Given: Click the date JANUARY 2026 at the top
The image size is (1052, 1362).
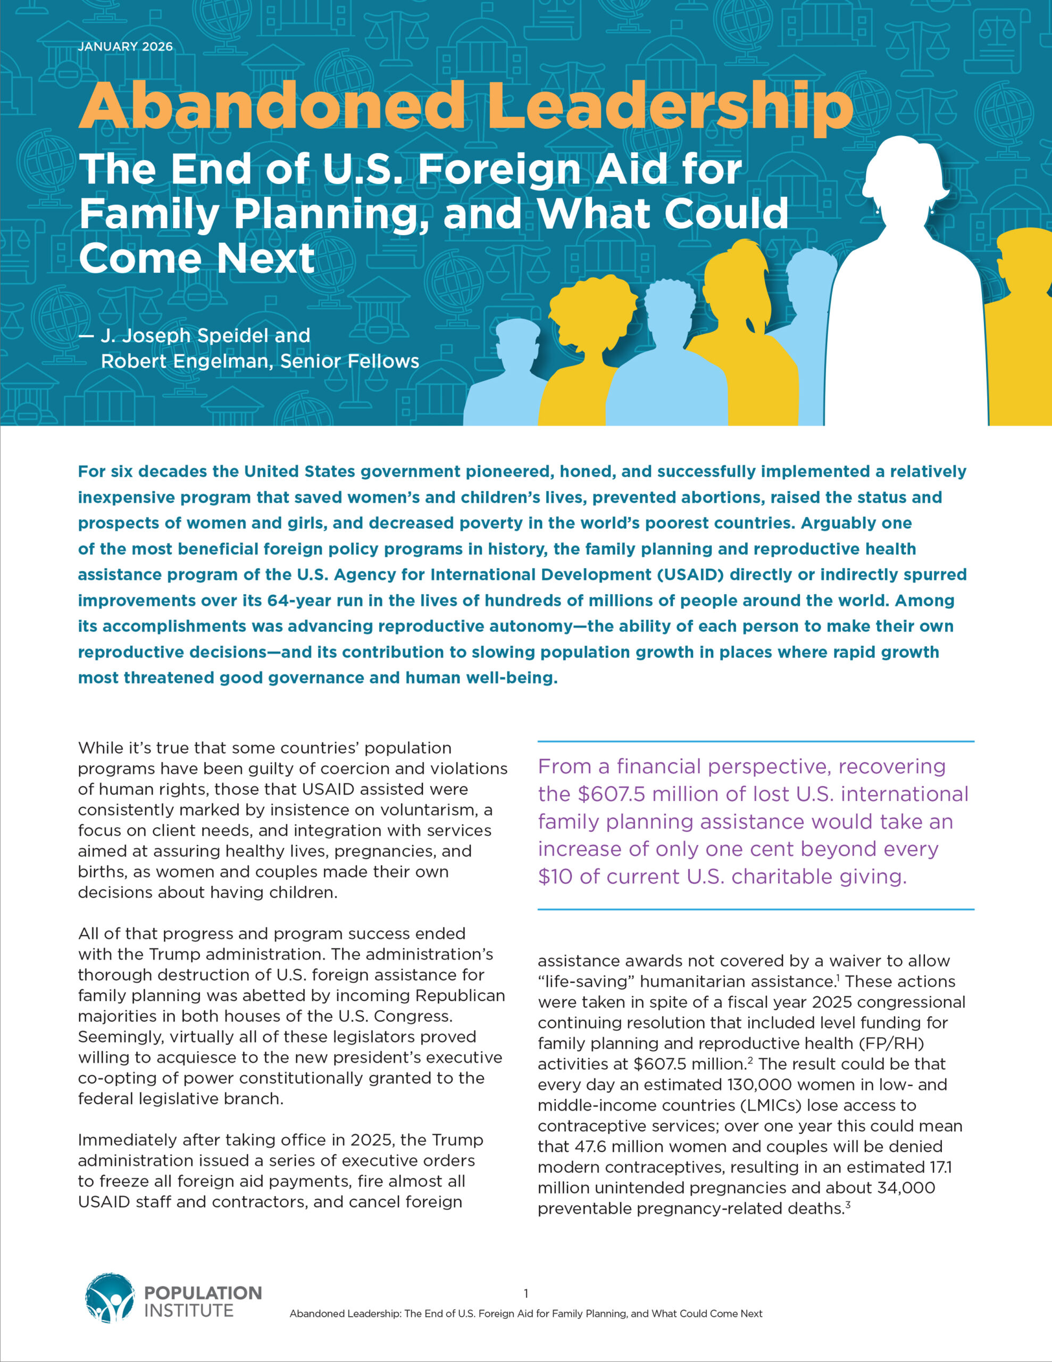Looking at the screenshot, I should tap(126, 47).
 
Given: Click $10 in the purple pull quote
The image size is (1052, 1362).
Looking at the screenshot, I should tap(556, 876).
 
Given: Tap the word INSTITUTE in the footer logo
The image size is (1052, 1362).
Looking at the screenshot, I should tap(189, 1310).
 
